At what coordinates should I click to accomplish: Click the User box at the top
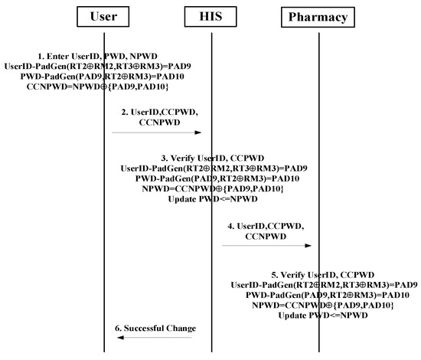pyautogui.click(x=103, y=16)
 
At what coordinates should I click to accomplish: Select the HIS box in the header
pyautogui.click(x=211, y=16)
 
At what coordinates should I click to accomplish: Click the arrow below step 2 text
pyautogui.click(x=157, y=133)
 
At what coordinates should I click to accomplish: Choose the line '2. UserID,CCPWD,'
pyautogui.click(x=156, y=111)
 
